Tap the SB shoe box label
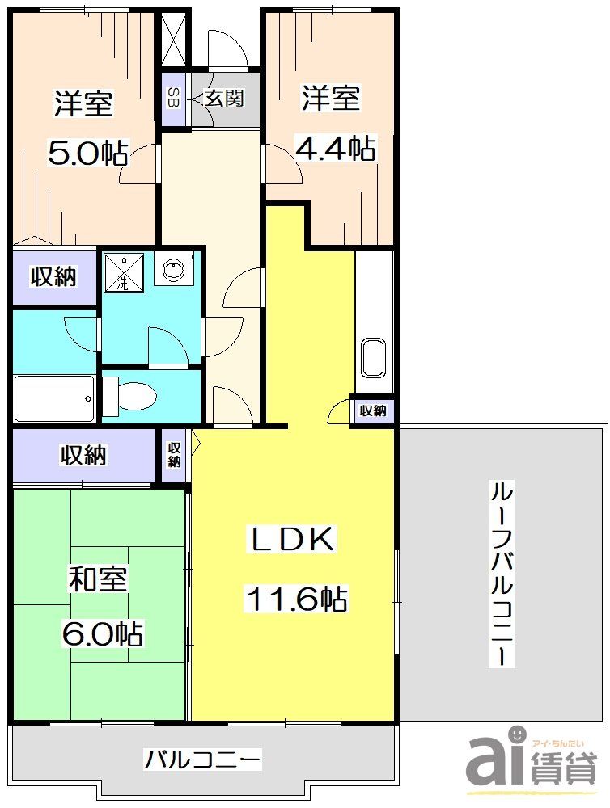tap(173, 98)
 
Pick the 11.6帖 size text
tap(296, 599)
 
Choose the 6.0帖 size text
tap(102, 633)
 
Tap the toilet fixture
tap(132, 396)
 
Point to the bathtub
tap(53, 398)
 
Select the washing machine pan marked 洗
tap(123, 272)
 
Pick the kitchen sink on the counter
tap(373, 357)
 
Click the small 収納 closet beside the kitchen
tap(372, 410)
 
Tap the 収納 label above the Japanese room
tap(84, 455)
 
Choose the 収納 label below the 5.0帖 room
tap(53, 277)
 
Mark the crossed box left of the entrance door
tap(173, 38)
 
